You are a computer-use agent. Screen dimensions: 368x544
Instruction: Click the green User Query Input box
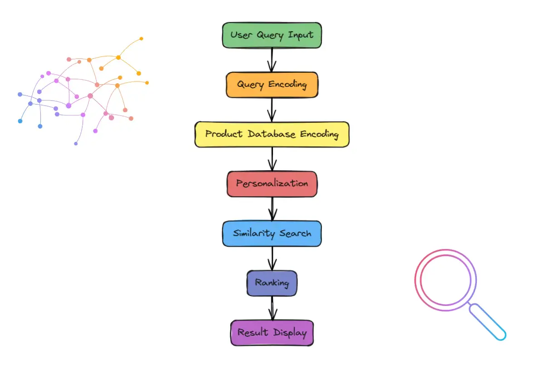tap(272, 35)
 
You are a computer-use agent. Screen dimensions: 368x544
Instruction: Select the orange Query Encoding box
tap(272, 85)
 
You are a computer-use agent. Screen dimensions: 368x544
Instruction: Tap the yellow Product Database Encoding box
tap(272, 134)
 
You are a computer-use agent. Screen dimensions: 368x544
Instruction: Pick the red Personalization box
tap(272, 184)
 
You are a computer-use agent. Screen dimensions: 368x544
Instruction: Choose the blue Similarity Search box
tap(272, 234)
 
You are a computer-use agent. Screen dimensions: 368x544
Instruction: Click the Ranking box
tap(272, 283)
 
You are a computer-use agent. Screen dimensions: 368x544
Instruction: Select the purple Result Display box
tap(272, 333)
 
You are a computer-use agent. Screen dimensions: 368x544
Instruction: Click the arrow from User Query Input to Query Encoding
tap(272, 60)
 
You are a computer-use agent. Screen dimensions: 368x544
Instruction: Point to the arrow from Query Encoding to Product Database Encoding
tap(272, 110)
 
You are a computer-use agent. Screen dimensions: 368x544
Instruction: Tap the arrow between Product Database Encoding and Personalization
tap(272, 159)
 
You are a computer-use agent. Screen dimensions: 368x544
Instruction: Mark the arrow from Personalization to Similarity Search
tap(272, 209)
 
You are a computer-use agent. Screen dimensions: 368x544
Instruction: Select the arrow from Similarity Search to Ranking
tap(272, 258)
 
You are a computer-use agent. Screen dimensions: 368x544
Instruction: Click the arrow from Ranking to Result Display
tap(272, 308)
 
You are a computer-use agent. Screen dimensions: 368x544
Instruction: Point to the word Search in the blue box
tap(295, 234)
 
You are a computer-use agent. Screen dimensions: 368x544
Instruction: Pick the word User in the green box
tap(240, 35)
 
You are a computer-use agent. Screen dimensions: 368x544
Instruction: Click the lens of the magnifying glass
tap(446, 279)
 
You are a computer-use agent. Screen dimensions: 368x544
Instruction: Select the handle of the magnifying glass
tap(488, 322)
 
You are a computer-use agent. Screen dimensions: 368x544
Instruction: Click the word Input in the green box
tap(301, 35)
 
